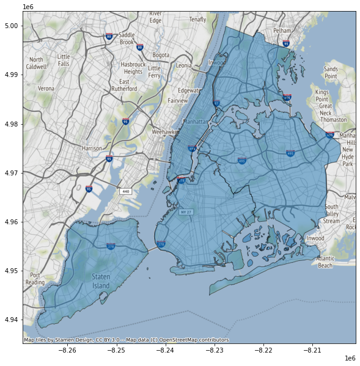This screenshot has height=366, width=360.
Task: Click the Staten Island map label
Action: click(x=102, y=281)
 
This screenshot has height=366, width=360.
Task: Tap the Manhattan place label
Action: click(x=197, y=122)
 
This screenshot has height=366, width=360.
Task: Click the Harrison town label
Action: click(x=92, y=148)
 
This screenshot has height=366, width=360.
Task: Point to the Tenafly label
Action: click(x=197, y=20)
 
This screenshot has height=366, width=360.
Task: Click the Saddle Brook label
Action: click(x=127, y=38)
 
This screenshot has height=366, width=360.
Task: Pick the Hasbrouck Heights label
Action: click(x=132, y=68)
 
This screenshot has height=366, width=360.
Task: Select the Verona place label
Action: click(x=46, y=88)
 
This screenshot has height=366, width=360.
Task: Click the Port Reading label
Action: click(x=34, y=279)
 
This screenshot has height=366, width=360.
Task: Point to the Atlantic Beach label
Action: click(x=325, y=262)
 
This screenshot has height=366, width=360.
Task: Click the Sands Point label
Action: click(x=331, y=73)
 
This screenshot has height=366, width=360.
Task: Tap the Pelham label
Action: click(x=282, y=30)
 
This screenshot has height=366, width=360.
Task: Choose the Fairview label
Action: click(x=178, y=100)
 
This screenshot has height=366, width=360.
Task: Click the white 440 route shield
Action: click(x=126, y=191)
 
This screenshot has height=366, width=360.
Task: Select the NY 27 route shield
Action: click(x=186, y=212)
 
